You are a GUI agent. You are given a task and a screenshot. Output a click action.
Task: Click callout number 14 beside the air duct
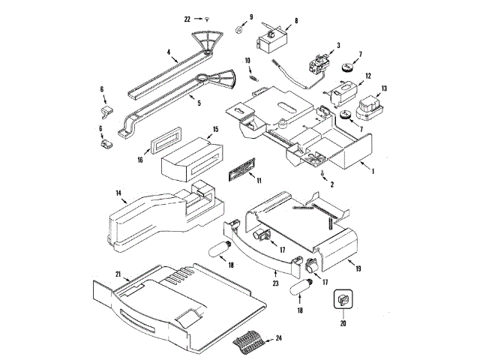118,193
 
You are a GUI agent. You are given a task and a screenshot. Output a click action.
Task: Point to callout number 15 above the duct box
215,130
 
